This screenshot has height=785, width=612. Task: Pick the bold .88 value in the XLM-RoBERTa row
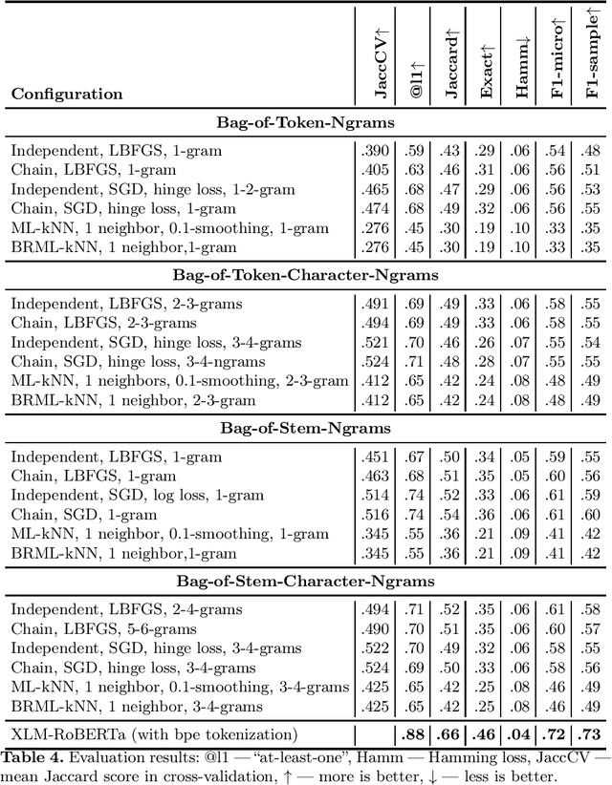pyautogui.click(x=411, y=733)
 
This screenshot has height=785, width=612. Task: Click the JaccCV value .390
pyautogui.click(x=375, y=150)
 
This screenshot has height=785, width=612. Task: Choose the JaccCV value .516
pyautogui.click(x=375, y=515)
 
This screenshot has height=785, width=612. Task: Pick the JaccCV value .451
pyautogui.click(x=375, y=456)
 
